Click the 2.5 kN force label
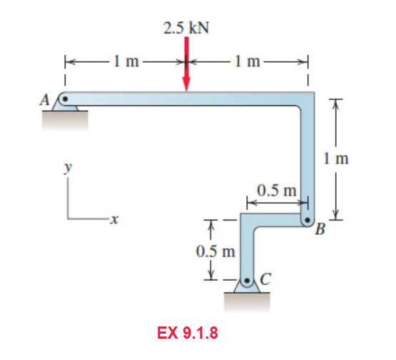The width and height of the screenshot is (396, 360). coord(186,29)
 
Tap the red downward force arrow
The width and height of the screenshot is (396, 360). coord(187,68)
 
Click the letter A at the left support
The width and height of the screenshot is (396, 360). coord(44,100)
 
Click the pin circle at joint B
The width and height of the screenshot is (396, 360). coord(308,220)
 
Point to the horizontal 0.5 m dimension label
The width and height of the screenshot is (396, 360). coord(276,191)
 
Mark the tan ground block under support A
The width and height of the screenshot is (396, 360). coord(64,121)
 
